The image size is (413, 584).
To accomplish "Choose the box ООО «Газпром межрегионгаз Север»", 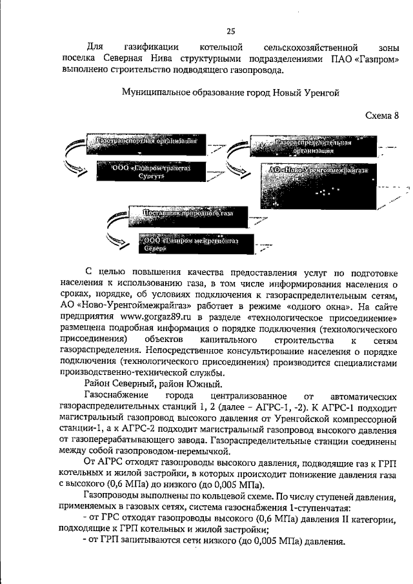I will point(194,246).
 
